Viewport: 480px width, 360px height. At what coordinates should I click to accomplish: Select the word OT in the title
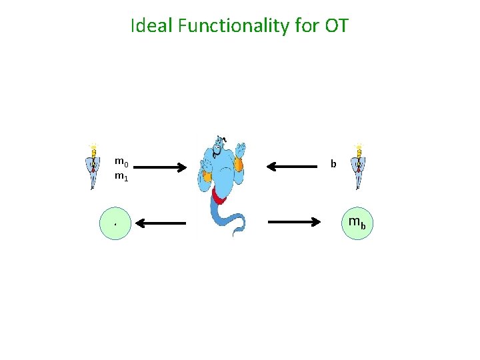click(337, 26)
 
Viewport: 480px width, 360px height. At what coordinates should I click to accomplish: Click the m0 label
click(121, 161)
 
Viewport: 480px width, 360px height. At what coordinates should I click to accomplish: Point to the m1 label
click(121, 177)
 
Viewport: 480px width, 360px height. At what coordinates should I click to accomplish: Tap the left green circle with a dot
click(115, 223)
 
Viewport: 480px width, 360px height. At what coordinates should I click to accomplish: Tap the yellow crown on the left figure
click(93, 147)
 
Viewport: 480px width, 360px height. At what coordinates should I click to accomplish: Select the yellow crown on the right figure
click(359, 147)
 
